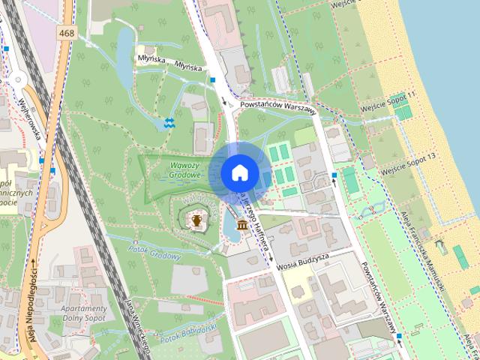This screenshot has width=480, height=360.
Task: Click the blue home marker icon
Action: click(238, 172)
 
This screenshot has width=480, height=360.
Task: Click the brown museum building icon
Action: click(242, 224)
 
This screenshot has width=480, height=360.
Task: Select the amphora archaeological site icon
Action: click(196, 220)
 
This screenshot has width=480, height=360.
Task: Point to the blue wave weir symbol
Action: click(170, 122)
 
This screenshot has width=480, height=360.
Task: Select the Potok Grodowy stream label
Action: click(155, 252)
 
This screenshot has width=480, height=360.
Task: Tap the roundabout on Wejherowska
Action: click(16, 79)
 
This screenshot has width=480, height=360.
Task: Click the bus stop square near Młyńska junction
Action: click(213, 78)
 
